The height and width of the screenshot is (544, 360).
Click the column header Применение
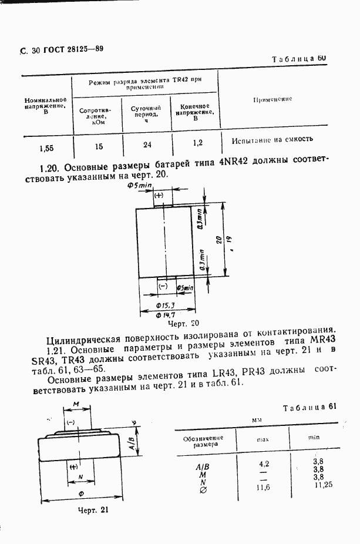click(272, 100)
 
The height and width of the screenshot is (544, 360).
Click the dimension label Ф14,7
click(166, 315)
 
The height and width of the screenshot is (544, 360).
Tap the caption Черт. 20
click(184, 324)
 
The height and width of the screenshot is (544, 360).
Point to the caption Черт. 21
click(93, 510)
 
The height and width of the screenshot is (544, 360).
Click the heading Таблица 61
click(312, 408)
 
